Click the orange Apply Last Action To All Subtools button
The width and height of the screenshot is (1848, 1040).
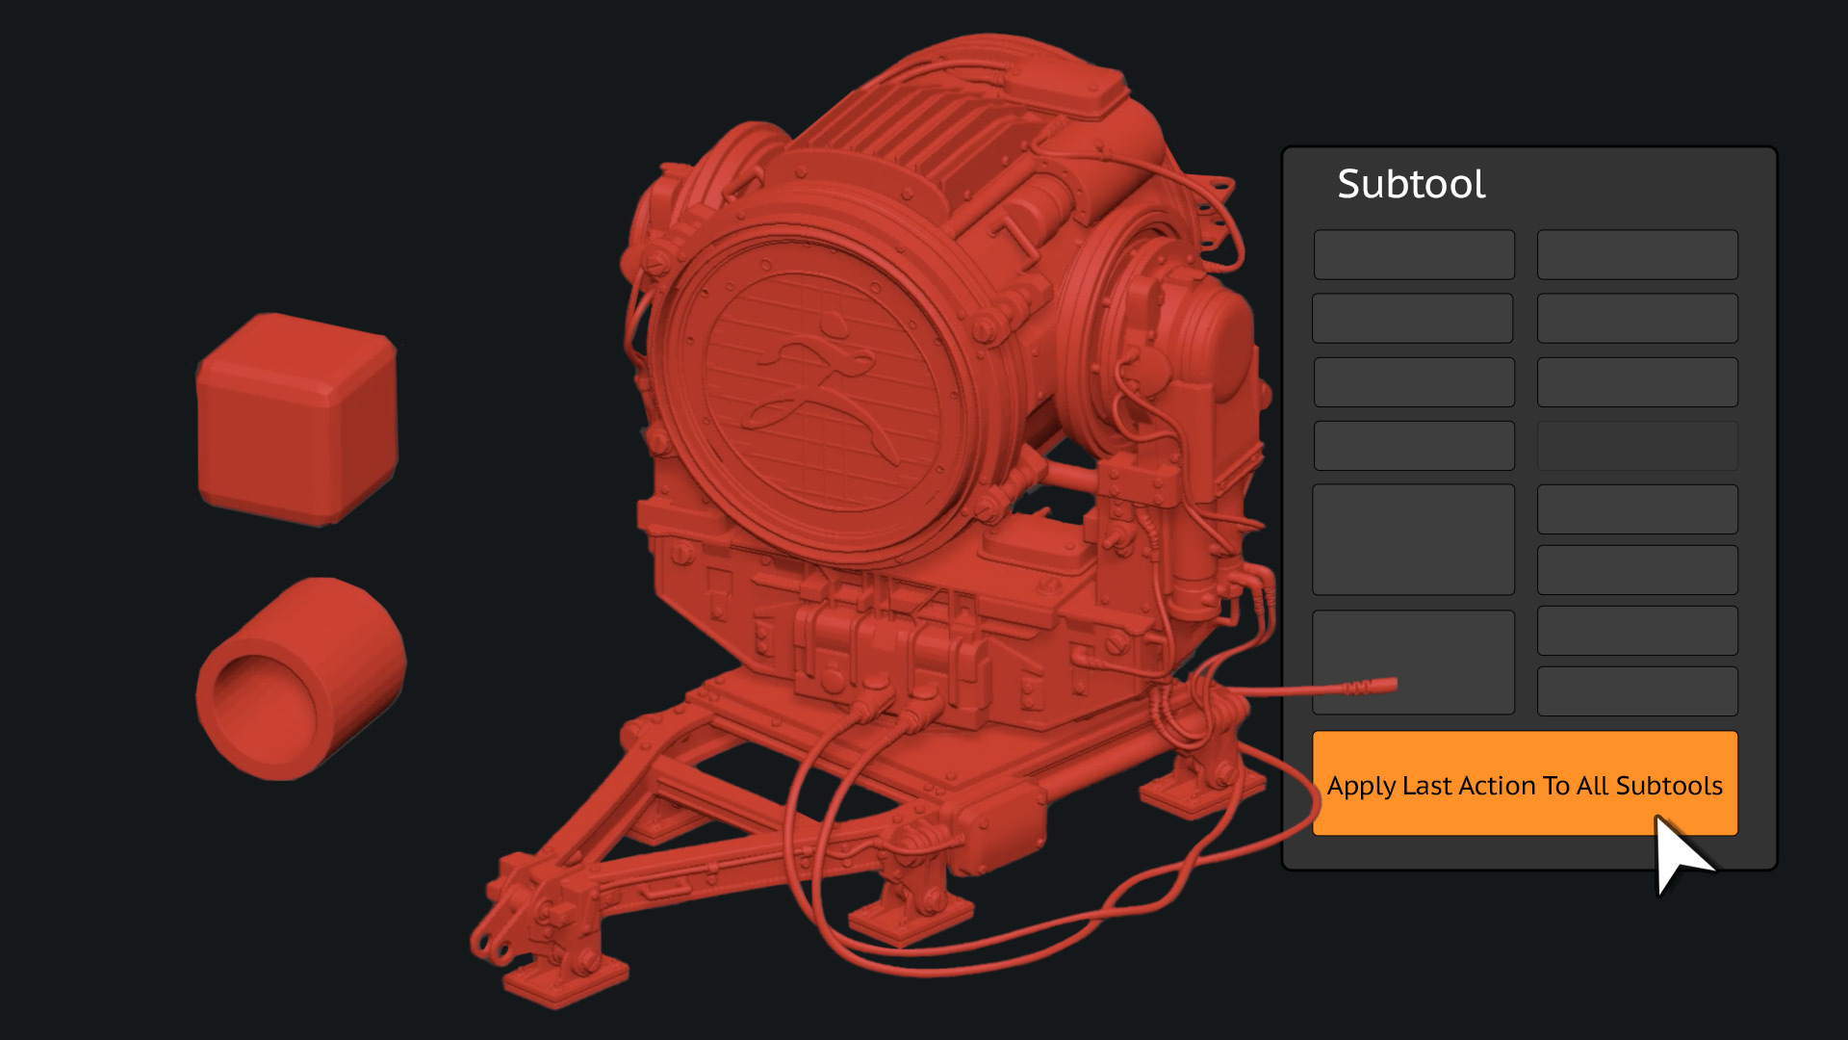click(x=1525, y=783)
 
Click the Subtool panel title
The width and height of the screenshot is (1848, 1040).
click(x=1411, y=184)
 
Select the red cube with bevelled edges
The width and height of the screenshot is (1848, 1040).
click(x=297, y=420)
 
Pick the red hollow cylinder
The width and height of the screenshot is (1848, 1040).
click(x=300, y=679)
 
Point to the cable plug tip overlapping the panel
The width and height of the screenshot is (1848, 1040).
click(x=1384, y=686)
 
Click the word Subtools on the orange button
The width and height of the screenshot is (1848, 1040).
click(x=1669, y=786)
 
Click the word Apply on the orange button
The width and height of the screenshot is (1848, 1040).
click(x=1361, y=787)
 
